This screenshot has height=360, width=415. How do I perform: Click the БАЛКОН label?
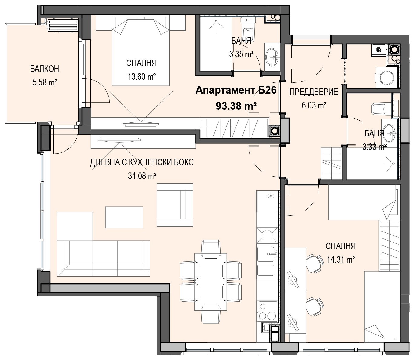[x=44, y=69]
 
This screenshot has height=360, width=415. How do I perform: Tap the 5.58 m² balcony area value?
[x=45, y=82]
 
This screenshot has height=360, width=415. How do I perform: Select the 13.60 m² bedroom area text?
[x=142, y=76]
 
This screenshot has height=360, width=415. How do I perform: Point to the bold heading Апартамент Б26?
[x=236, y=90]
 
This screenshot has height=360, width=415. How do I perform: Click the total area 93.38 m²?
[x=236, y=106]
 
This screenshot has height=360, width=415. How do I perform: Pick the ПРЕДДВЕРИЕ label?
[x=314, y=92]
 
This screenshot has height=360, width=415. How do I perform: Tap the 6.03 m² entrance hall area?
[x=314, y=105]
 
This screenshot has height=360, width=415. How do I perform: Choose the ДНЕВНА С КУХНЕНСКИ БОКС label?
[x=142, y=162]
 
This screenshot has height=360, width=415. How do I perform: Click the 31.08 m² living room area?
[x=142, y=176]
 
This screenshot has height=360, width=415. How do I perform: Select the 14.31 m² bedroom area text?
[x=341, y=259]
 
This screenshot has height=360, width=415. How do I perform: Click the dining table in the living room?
[x=211, y=282]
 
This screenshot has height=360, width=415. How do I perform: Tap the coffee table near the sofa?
[x=124, y=217]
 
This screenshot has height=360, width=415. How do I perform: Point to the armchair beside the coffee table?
[x=175, y=205]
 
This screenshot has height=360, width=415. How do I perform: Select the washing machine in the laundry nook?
[x=387, y=77]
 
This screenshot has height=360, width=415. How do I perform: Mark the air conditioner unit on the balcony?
[x=63, y=25]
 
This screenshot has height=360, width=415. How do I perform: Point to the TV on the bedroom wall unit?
[x=141, y=124]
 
